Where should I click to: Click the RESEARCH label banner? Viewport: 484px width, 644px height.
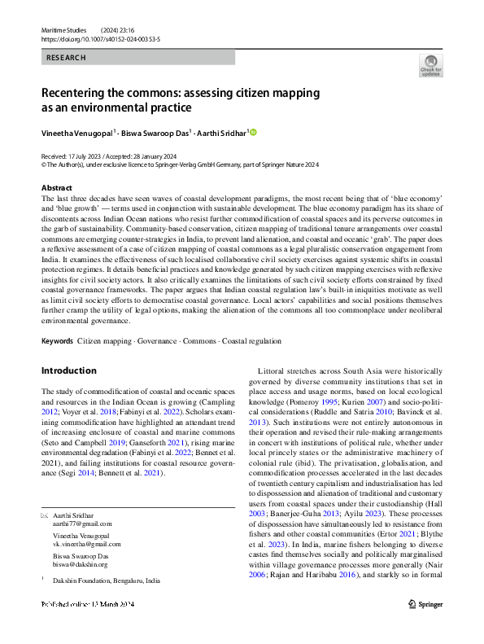click(x=66, y=58)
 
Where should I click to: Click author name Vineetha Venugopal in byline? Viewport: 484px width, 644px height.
click(x=77, y=132)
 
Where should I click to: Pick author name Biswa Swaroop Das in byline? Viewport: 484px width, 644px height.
click(x=157, y=132)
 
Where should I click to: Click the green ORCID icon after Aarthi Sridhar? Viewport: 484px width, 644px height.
click(x=253, y=132)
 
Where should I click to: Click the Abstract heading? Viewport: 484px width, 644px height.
click(x=57, y=186)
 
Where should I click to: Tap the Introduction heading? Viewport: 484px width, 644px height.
click(x=68, y=370)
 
